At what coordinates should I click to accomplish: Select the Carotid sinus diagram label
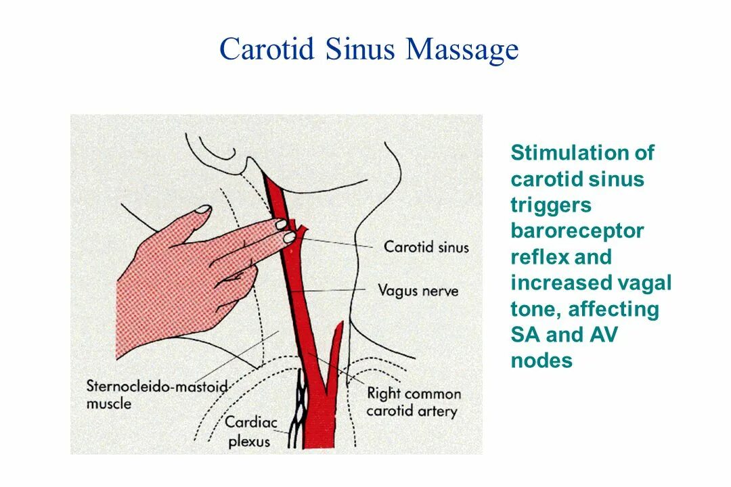click(426, 247)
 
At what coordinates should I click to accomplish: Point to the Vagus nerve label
click(417, 292)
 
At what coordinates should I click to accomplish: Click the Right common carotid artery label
click(413, 402)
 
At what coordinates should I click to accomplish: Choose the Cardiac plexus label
click(251, 432)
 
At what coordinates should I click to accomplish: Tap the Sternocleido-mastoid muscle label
click(156, 395)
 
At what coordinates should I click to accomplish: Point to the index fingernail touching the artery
click(288, 237)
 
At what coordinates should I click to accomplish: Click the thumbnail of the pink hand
click(202, 210)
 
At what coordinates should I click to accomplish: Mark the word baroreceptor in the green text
click(577, 231)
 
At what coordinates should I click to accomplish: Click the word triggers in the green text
click(551, 206)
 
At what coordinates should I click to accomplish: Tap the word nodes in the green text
click(541, 361)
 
